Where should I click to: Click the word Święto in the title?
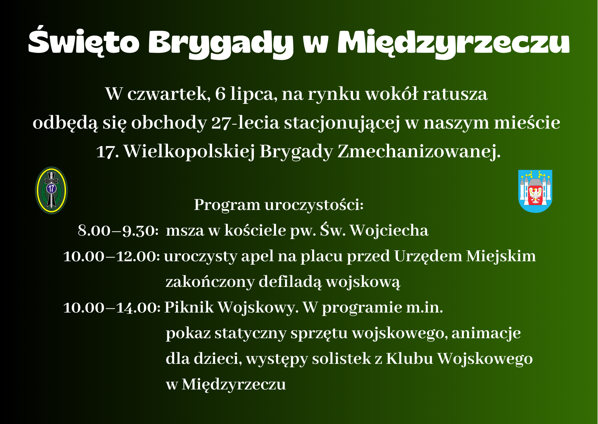pos(83,42)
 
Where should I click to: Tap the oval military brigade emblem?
pos(52,190)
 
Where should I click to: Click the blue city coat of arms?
pos(535,191)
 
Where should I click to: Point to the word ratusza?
pos(455,94)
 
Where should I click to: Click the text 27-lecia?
pos(245,123)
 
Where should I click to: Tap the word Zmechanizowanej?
pos(419,151)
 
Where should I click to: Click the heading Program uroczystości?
pos(278,205)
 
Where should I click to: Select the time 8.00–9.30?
pos(118,230)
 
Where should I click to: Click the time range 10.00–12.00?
pos(111,256)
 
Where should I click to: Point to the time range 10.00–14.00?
pos(112,307)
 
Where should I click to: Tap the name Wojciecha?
pos(389,230)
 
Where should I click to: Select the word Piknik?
pos(189,307)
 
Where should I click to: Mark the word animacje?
pos(486,333)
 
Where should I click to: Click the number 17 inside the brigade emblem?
pos(52,188)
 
